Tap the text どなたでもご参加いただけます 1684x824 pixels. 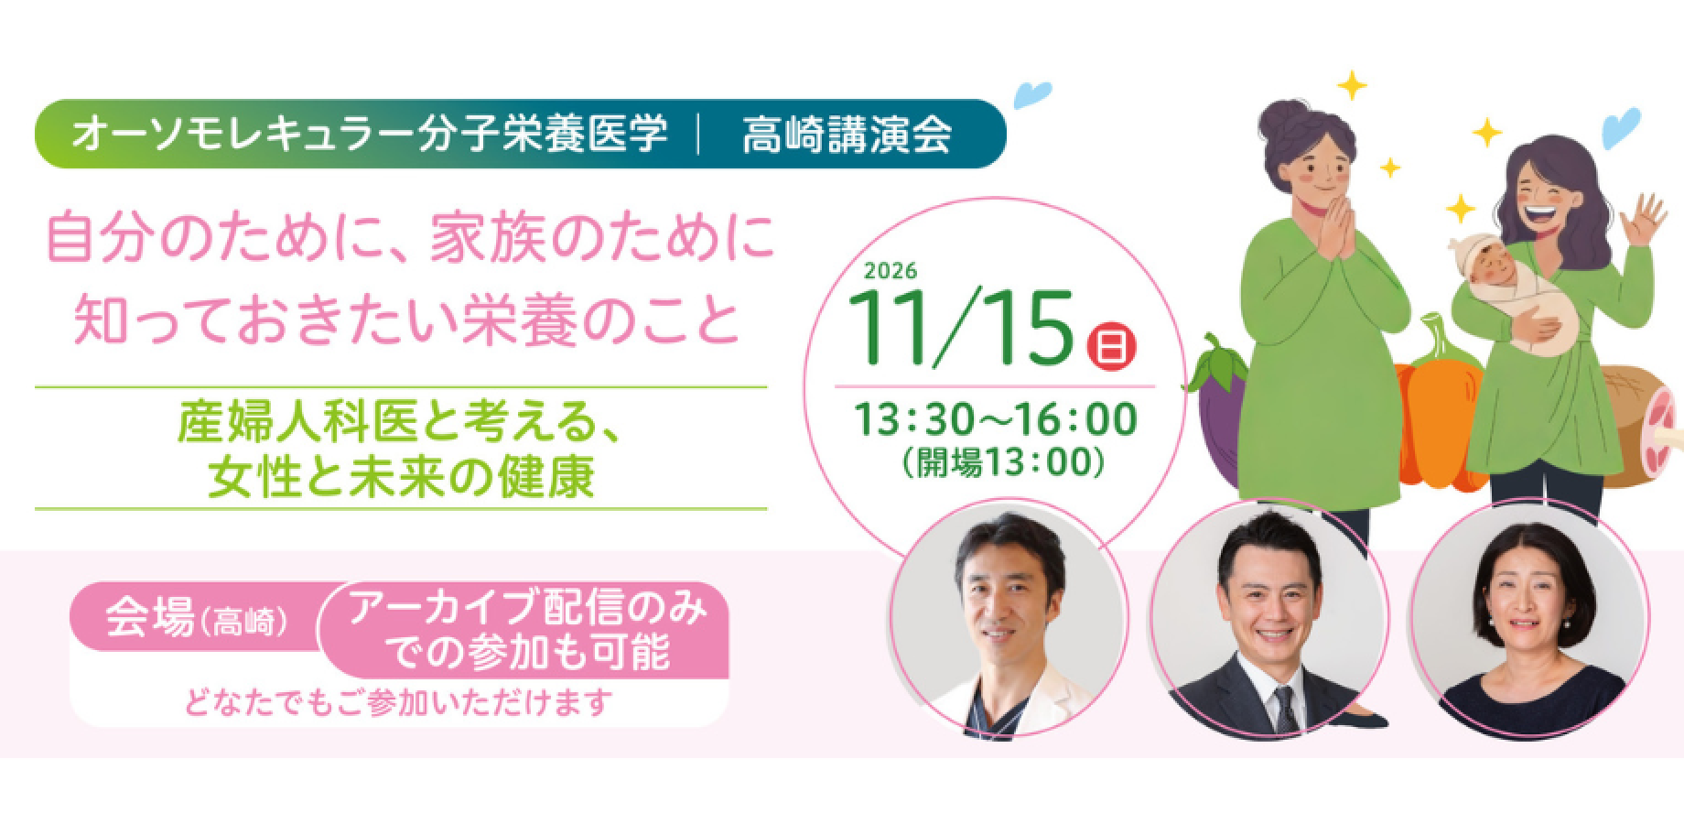click(x=398, y=702)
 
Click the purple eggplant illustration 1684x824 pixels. click(x=1212, y=394)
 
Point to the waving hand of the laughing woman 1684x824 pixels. click(x=1644, y=221)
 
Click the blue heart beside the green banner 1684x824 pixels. click(x=1033, y=94)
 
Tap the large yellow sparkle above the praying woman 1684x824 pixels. click(x=1351, y=86)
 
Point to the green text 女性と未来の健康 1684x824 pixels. click(x=401, y=477)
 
